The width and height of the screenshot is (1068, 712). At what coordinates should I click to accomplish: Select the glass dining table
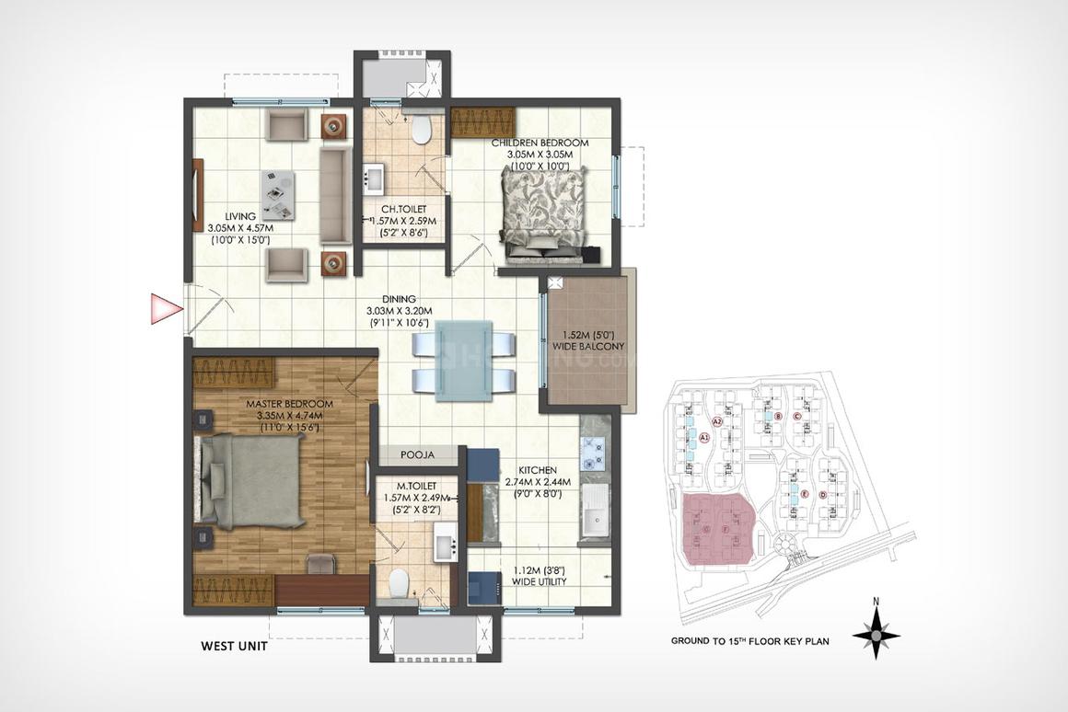[464, 360]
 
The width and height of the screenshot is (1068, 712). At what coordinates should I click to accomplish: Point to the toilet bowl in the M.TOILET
[399, 583]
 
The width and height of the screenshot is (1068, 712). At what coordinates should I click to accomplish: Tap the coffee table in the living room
[278, 195]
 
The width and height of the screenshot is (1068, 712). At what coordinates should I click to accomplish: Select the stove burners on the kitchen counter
[593, 449]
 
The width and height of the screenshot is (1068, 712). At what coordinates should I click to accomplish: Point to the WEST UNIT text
[234, 646]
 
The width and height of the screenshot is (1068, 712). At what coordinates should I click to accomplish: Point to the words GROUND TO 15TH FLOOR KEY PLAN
[749, 641]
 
